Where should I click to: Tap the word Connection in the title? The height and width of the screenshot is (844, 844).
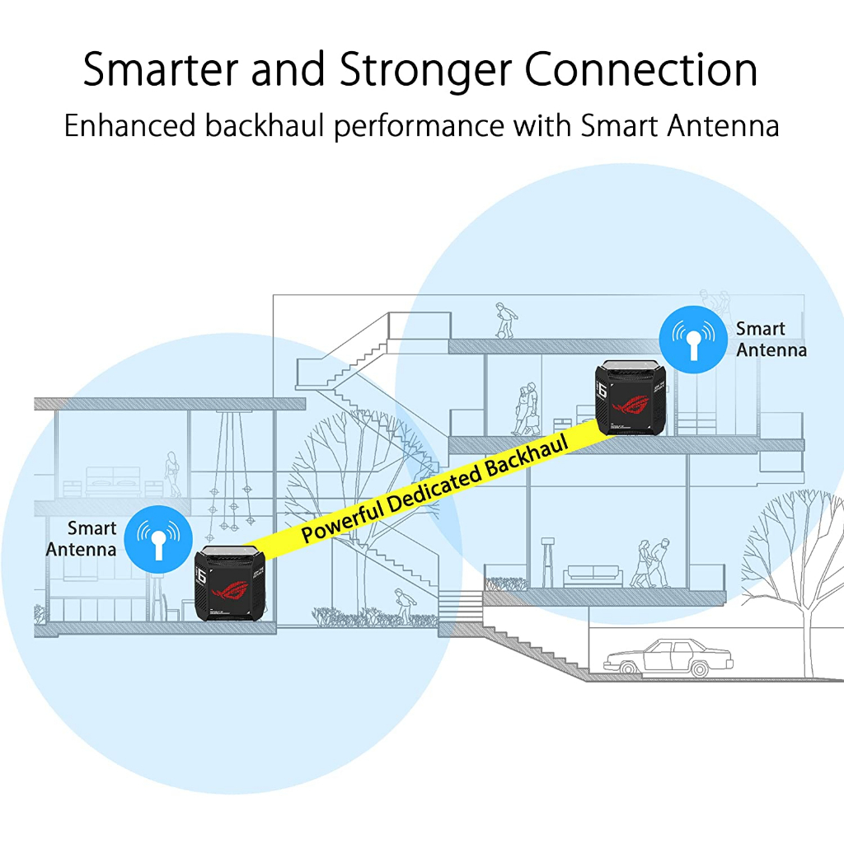[642, 70]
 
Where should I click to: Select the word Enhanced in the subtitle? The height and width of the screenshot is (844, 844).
[129, 126]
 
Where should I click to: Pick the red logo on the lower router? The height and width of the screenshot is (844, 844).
[232, 591]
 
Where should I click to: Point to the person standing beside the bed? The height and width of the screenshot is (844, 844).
[172, 474]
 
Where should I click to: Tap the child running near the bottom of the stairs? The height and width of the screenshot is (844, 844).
[401, 607]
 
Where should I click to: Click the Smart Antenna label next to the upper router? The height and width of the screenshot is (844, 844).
[771, 339]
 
